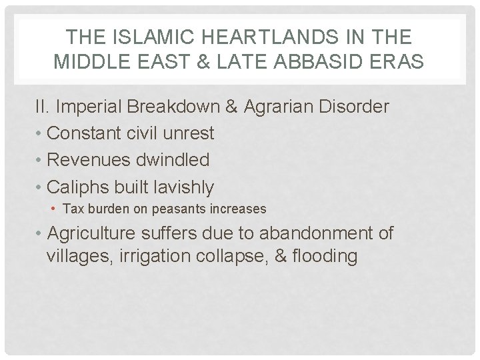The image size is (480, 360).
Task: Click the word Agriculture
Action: click(92, 234)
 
